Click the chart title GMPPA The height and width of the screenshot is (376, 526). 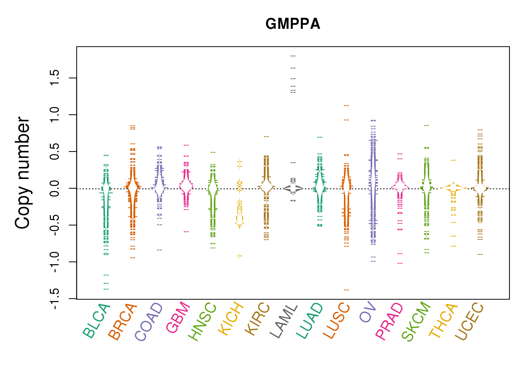[293, 24]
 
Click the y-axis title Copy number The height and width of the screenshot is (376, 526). [22, 173]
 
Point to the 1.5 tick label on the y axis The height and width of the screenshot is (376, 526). [55, 78]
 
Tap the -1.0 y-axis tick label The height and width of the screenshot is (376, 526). [55, 262]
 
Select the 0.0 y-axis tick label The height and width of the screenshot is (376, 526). [55, 189]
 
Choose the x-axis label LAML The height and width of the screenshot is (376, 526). [284, 321]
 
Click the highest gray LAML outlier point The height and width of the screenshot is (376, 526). [293, 56]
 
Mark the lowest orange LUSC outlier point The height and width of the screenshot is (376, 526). [346, 290]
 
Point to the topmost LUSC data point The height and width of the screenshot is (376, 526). [346, 106]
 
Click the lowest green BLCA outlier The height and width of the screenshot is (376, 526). [106, 289]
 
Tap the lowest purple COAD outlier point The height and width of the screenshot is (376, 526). [160, 250]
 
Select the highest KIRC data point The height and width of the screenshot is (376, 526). [266, 137]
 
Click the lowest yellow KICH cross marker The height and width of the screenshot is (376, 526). [240, 256]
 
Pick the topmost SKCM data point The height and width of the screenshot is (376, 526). [427, 125]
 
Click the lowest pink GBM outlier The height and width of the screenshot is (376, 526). [186, 232]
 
